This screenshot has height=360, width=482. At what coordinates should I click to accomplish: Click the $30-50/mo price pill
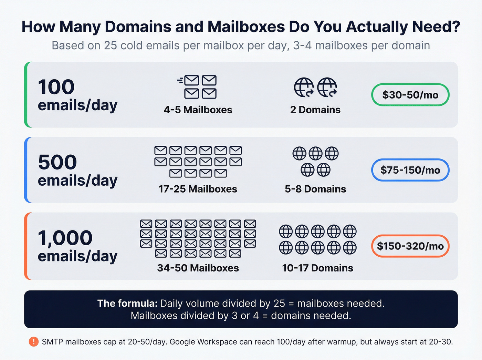click(x=410, y=95)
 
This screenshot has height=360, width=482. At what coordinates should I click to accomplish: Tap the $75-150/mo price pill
click(x=410, y=170)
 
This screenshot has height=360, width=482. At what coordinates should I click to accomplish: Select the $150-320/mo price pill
click(x=410, y=246)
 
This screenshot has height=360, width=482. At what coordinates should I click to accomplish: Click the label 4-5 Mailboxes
click(x=198, y=110)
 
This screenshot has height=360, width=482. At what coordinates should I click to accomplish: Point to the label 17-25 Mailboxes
click(x=198, y=189)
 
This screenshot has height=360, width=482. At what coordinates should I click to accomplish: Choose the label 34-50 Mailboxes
click(x=198, y=268)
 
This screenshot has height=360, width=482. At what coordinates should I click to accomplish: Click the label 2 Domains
click(x=315, y=110)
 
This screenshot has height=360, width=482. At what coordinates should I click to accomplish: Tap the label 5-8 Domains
click(x=315, y=189)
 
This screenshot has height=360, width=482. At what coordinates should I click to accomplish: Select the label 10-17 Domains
click(x=317, y=268)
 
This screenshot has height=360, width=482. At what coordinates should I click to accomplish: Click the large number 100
click(x=56, y=87)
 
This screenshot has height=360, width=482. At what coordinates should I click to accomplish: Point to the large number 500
click(x=57, y=162)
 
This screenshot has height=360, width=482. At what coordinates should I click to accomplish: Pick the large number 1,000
click(x=65, y=238)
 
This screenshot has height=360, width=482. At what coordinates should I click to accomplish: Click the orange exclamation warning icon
click(x=33, y=342)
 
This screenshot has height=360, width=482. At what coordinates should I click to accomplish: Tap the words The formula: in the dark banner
click(x=127, y=304)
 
